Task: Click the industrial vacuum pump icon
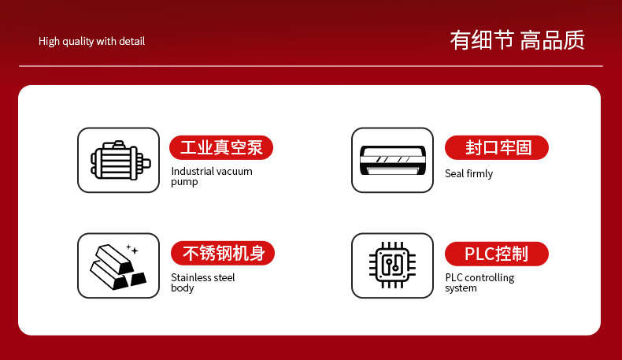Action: tap(120, 160)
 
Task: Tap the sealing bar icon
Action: tap(392, 160)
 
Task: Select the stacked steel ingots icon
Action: tap(118, 266)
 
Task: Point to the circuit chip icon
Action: tap(392, 265)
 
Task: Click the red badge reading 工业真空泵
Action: tap(221, 147)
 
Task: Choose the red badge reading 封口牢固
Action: tap(497, 147)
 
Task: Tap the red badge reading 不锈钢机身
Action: tap(223, 253)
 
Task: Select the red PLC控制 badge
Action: tap(497, 254)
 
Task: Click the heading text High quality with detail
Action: tap(91, 41)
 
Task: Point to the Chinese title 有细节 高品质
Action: tap(517, 40)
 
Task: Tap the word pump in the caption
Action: tap(184, 182)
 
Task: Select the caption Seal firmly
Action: tap(469, 174)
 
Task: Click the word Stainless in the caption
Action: tap(190, 277)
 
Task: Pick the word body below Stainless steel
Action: tap(183, 288)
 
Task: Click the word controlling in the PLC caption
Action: tap(489, 278)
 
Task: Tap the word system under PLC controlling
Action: tap(461, 288)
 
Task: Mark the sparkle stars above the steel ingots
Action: tap(132, 249)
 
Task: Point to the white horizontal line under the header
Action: tap(311, 66)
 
